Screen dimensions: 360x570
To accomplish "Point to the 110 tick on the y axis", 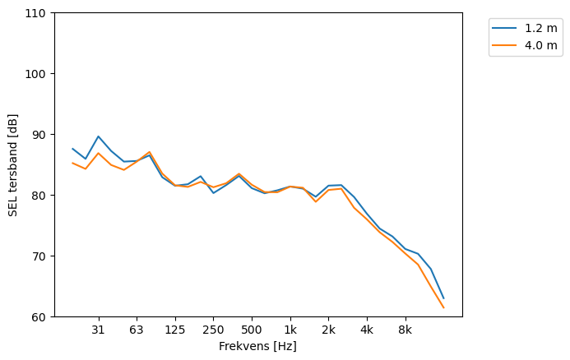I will point(38,13).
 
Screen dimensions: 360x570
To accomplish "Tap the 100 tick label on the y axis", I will point(38,74).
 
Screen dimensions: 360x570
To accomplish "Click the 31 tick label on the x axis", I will point(98,330).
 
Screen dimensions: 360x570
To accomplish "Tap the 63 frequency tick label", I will point(137,330).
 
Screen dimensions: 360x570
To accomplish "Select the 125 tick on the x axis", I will point(174,330).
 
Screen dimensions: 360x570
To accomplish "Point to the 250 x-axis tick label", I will point(213,330).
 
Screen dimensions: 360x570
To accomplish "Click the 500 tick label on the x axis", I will point(252,330).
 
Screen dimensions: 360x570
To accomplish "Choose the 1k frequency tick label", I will point(290,330).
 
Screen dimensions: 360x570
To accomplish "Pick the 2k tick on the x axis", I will point(328,330).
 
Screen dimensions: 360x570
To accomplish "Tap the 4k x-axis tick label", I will point(367,330).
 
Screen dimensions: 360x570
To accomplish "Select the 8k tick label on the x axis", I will point(405,330).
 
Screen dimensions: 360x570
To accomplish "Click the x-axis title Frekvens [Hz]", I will point(257,346).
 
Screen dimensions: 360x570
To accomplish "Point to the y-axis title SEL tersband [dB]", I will point(12,165).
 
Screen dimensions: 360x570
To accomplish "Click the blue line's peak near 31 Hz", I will point(98,136).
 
